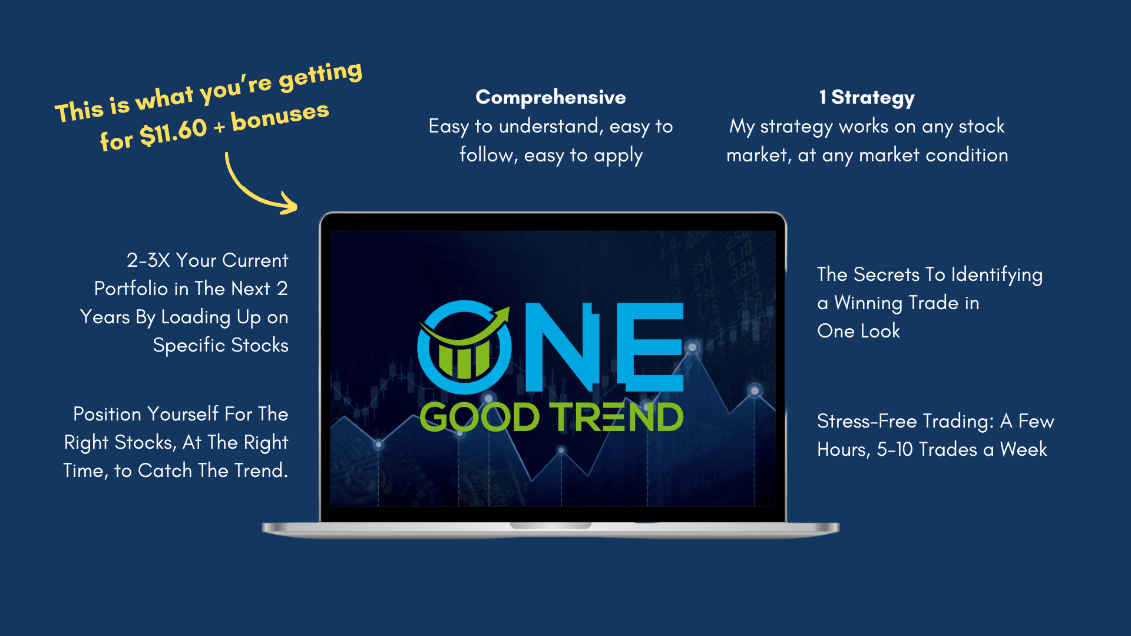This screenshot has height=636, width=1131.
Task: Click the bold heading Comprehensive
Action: (x=551, y=98)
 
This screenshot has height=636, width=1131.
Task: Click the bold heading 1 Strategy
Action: (x=867, y=98)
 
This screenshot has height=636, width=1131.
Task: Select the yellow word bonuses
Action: (x=280, y=116)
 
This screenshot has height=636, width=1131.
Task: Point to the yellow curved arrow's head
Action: (x=289, y=203)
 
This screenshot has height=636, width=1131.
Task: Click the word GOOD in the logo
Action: (x=479, y=417)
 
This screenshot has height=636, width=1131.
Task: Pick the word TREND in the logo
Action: (x=617, y=417)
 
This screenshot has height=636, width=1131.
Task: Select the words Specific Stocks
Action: (x=221, y=345)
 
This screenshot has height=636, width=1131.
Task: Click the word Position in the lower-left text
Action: (x=108, y=414)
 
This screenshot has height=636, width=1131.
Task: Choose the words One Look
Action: (x=859, y=331)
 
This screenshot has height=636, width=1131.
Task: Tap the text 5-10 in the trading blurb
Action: (x=895, y=449)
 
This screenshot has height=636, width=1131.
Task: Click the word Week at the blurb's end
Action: (x=1023, y=449)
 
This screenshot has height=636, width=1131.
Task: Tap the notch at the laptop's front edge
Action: (x=551, y=525)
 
